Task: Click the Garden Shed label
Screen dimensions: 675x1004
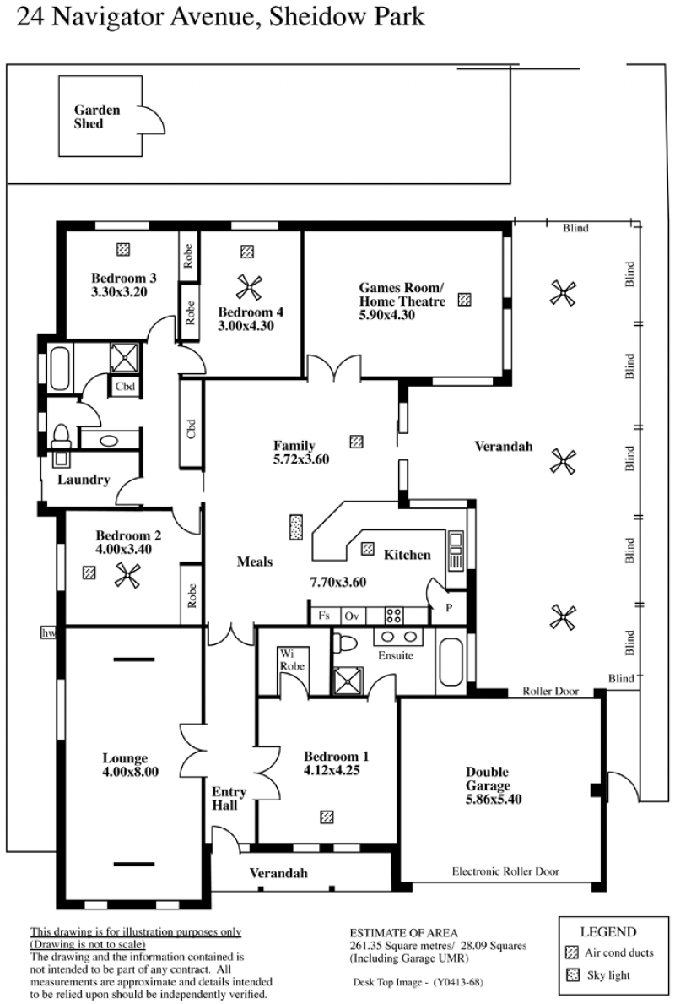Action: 97,117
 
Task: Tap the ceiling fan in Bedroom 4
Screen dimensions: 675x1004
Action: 247,287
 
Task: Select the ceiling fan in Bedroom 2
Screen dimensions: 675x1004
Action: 127,576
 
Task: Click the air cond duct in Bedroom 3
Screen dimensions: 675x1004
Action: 123,248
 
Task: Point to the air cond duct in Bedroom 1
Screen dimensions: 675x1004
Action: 327,817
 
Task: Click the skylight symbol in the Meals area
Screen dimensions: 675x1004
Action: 296,528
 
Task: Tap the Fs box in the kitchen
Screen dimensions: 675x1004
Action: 324,616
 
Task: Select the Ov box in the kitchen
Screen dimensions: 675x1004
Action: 351,616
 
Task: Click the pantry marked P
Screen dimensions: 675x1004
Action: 449,608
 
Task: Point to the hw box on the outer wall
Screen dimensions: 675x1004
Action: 49,632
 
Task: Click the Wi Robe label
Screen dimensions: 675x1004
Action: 292,660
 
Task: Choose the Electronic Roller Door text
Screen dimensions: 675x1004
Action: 505,871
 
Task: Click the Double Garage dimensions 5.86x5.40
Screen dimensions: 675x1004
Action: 494,799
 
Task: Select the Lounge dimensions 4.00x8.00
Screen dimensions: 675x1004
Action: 130,772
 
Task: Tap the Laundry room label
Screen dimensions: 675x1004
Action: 84,480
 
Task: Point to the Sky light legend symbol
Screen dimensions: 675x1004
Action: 573,975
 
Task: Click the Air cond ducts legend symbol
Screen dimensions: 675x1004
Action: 573,952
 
